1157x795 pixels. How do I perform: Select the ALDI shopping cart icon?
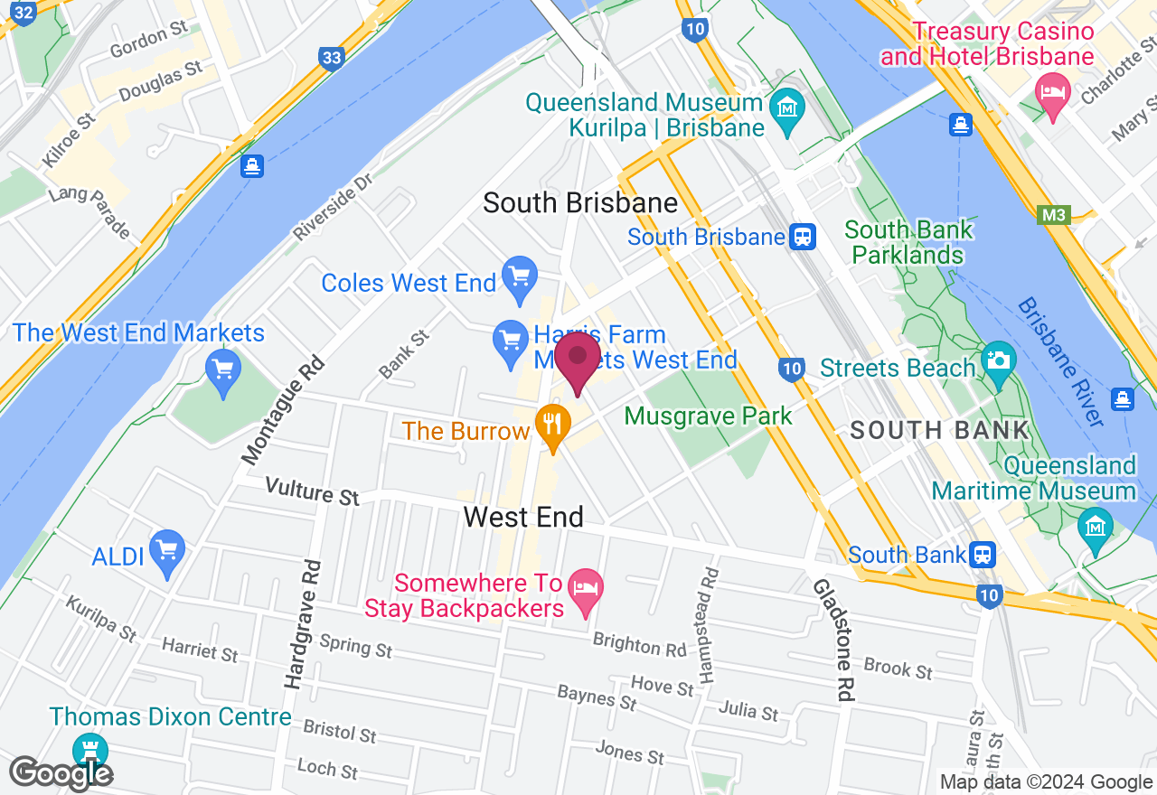pos(166,552)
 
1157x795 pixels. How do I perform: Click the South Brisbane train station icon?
pos(802,238)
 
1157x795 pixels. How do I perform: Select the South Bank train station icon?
pos(983,554)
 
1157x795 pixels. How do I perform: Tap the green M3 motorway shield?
pos(1051,215)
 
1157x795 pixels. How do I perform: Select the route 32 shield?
pos(25,12)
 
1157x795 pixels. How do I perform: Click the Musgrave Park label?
pos(708,416)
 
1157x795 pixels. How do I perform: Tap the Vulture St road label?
pos(312,492)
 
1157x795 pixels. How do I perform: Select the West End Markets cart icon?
pos(222,371)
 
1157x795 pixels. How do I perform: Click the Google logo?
pos(61,773)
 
